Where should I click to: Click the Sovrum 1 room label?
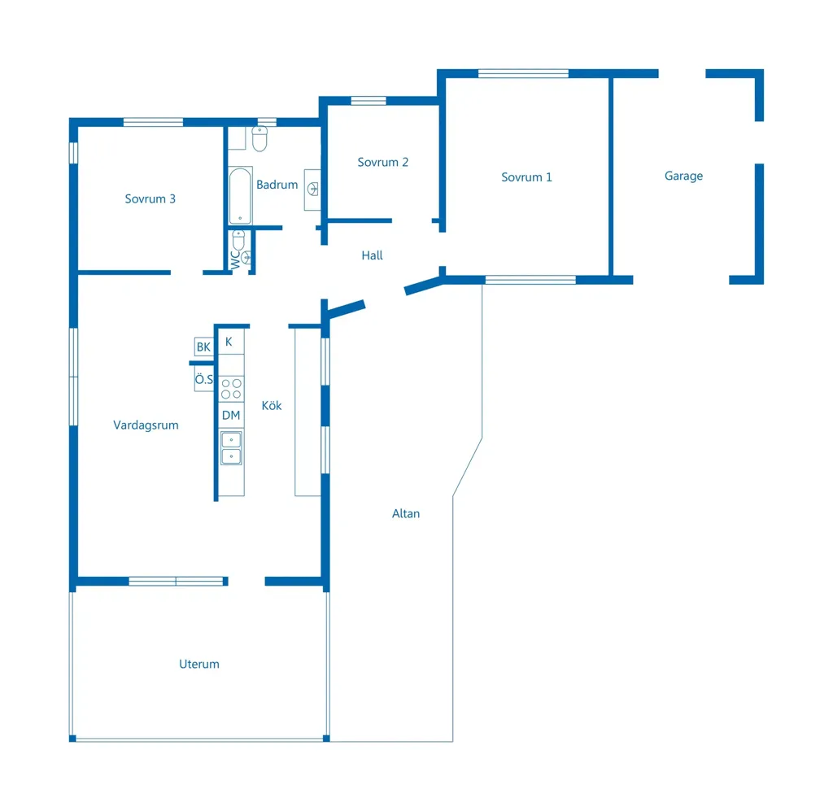(x=526, y=177)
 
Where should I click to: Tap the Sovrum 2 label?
(x=382, y=163)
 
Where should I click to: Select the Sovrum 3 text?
(x=150, y=199)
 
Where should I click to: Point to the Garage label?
(x=683, y=177)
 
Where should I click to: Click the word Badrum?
(x=277, y=185)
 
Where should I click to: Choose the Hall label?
(x=372, y=255)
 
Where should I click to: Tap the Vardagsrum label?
(x=146, y=425)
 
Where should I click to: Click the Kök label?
(x=272, y=406)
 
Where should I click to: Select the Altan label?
(x=406, y=513)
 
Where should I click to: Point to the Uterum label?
(x=199, y=664)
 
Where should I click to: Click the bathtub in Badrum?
(x=240, y=195)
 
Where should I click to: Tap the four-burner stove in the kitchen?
(x=231, y=389)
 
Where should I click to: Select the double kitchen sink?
(x=231, y=448)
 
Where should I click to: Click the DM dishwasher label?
(x=231, y=416)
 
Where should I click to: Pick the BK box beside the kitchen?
(x=203, y=347)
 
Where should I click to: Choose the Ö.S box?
(x=204, y=379)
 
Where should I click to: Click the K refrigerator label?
(x=229, y=342)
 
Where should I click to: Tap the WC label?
(x=235, y=259)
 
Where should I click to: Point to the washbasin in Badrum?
(x=312, y=190)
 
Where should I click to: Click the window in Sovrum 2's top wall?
(x=369, y=101)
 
